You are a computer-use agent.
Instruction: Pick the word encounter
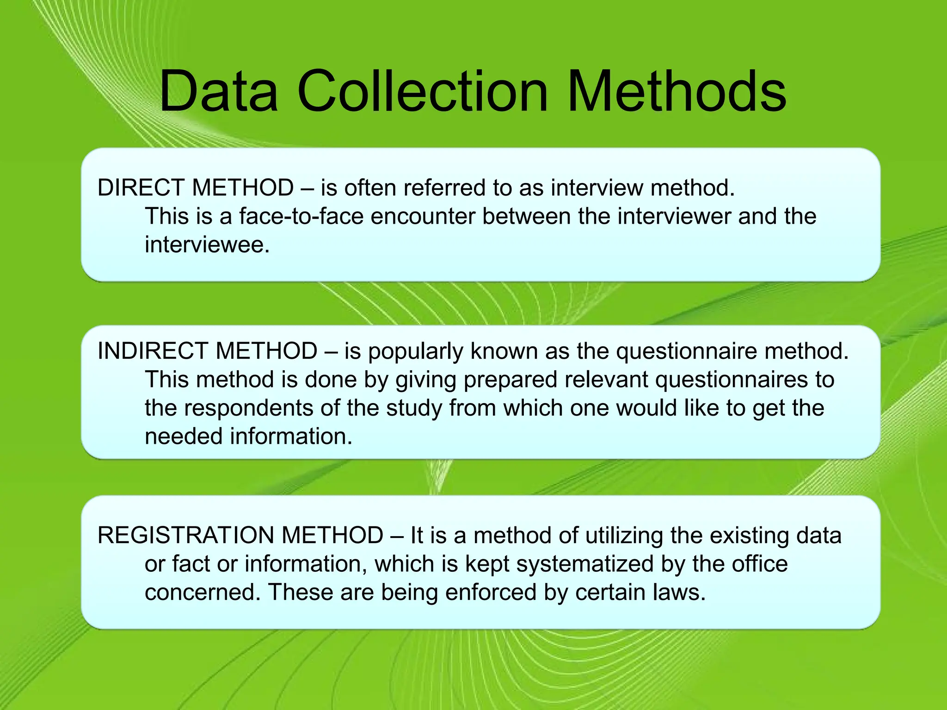[423, 216]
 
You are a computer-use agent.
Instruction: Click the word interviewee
[207, 245]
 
